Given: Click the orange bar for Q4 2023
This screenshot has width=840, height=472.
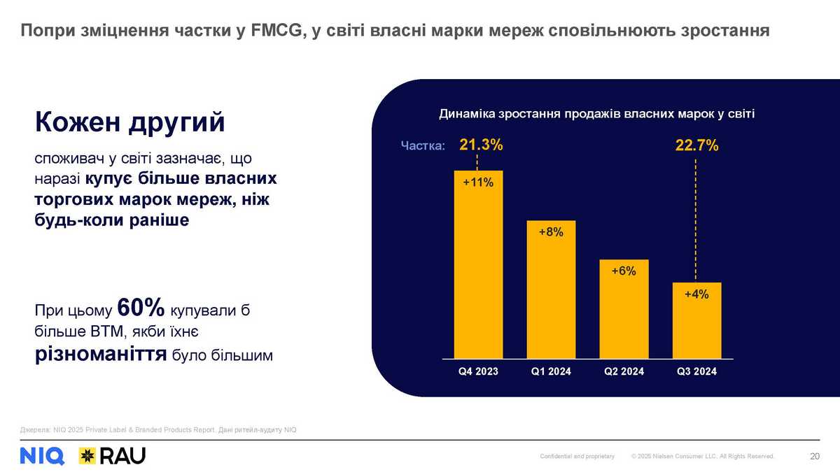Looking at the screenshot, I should (479, 266).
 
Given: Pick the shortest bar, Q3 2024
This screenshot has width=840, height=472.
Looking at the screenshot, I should (696, 322).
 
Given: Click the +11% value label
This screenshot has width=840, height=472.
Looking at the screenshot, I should (479, 183).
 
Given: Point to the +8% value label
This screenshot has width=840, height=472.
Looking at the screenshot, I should (551, 233).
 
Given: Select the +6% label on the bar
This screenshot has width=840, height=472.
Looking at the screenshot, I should (624, 271).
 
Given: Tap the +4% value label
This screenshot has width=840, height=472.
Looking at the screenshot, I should (696, 294).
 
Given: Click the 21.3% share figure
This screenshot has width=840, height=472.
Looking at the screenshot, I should (481, 145).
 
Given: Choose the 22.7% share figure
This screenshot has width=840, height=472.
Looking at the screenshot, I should (696, 146).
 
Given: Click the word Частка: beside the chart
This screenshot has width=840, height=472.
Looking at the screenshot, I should (422, 146).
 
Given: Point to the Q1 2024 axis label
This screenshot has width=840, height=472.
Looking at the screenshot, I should (551, 372).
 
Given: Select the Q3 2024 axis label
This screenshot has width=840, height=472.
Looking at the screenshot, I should (696, 372).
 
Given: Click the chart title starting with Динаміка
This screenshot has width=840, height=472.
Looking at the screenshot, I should (596, 113).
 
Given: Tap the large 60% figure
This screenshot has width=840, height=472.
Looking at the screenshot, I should (141, 308).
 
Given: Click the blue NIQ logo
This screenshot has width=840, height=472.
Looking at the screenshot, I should (42, 456).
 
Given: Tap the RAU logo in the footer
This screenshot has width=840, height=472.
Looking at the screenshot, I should (112, 456).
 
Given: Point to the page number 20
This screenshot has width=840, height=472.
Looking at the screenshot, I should (814, 457).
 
